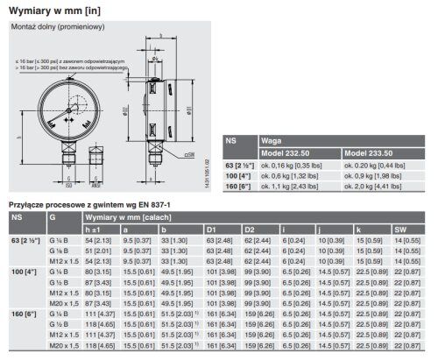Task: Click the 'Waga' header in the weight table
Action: tap(271, 139)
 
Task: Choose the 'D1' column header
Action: tap(212, 227)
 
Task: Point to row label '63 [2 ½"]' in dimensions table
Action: tap(25, 238)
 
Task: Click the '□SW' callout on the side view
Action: tap(189, 154)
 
